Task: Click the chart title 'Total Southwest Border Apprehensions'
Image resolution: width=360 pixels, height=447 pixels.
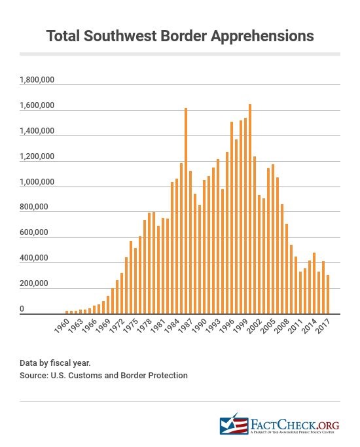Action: pyautogui.click(x=180, y=36)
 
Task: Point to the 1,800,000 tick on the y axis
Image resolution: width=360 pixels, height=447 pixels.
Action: pyautogui.click(x=37, y=80)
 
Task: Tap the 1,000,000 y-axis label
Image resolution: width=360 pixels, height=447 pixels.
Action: pyautogui.click(x=37, y=183)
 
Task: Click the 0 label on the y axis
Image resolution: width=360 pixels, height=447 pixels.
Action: pyautogui.click(x=22, y=309)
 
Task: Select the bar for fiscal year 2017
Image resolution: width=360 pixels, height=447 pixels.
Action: pyautogui.click(x=328, y=295)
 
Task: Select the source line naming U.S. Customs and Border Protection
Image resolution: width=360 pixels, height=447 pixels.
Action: pyautogui.click(x=103, y=375)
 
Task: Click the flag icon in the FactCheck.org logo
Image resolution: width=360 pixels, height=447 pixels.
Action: pyautogui.click(x=232, y=424)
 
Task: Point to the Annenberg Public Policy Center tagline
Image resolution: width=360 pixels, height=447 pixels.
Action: pyautogui.click(x=294, y=432)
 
